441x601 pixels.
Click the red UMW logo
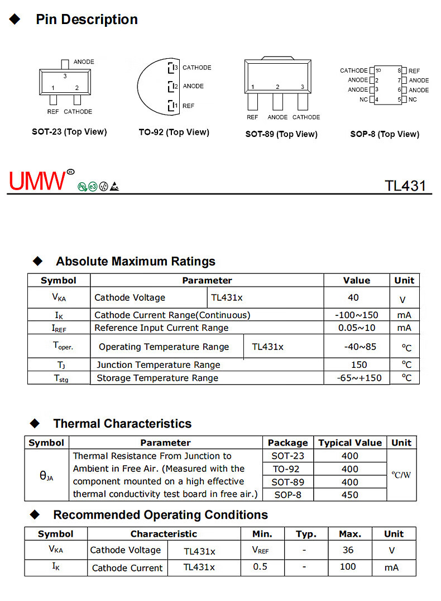pyautogui.click(x=38, y=181)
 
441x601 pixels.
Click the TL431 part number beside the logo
pyautogui.click(x=405, y=186)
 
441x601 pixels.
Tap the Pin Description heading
pyautogui.click(x=87, y=20)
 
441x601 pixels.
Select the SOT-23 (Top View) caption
pyautogui.click(x=69, y=132)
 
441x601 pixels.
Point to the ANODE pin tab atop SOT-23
pyautogui.click(x=65, y=64)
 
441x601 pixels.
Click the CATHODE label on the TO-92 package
pyautogui.click(x=196, y=68)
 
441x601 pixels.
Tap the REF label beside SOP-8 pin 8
pyautogui.click(x=414, y=71)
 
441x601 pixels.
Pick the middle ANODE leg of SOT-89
pyautogui.click(x=277, y=102)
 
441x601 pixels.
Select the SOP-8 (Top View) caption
pyautogui.click(x=385, y=134)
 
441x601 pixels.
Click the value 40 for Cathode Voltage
pyautogui.click(x=353, y=297)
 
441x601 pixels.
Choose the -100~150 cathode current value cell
pyautogui.click(x=356, y=315)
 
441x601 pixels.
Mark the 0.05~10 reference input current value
pyautogui.click(x=357, y=328)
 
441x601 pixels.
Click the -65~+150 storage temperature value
pyautogui.click(x=359, y=378)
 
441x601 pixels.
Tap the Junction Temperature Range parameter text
pyautogui.click(x=158, y=365)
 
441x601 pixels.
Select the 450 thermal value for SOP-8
pyautogui.click(x=349, y=494)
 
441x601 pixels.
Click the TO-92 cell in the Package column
pyautogui.click(x=287, y=469)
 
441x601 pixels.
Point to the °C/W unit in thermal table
pyautogui.click(x=401, y=475)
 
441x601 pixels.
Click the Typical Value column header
pyautogui.click(x=350, y=443)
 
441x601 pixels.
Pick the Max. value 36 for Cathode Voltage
pyautogui.click(x=348, y=550)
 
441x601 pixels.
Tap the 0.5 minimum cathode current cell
pyautogui.click(x=260, y=567)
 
